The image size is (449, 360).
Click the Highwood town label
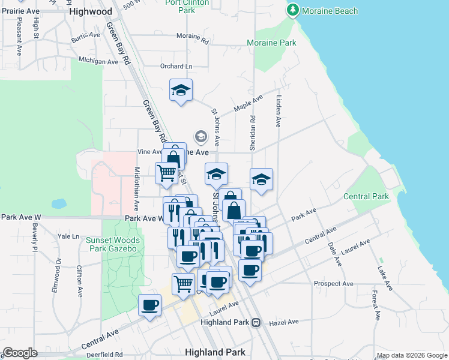[x=91, y=11]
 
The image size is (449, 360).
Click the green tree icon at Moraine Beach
[x=293, y=10]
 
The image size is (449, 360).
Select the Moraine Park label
[x=272, y=43]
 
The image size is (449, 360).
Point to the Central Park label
[x=366, y=196]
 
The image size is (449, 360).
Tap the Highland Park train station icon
[x=256, y=322]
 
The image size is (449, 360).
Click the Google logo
[x=20, y=353]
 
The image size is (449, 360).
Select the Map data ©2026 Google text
[x=412, y=355]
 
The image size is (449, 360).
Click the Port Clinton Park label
[x=187, y=6]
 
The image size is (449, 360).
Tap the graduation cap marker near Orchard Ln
[x=181, y=91]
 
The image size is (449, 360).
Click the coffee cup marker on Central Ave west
[x=150, y=305]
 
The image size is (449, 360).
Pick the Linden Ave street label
[x=279, y=110]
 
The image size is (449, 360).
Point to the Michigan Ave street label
[x=98, y=61]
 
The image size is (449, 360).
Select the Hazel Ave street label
[x=285, y=322]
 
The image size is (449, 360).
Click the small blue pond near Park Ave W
[x=58, y=204]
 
